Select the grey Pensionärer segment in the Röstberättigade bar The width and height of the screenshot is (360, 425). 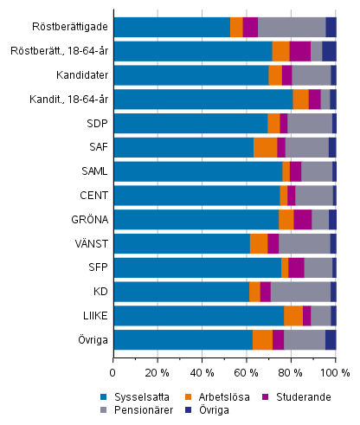coord(292,27)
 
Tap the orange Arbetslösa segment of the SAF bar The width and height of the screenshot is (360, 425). coord(265,147)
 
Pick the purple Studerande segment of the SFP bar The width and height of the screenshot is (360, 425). coord(296,267)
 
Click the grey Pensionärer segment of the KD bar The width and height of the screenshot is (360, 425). coord(300,292)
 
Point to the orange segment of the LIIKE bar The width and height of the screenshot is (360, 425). coord(293,315)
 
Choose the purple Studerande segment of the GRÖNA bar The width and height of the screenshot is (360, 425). coord(303,219)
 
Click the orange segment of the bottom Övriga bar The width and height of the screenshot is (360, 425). coord(262,339)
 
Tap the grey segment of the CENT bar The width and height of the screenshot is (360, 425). coord(314,195)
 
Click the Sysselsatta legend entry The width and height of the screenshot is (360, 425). coord(149,396)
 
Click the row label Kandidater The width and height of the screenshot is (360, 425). coord(81,75)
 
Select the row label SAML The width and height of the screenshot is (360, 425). coord(94,171)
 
